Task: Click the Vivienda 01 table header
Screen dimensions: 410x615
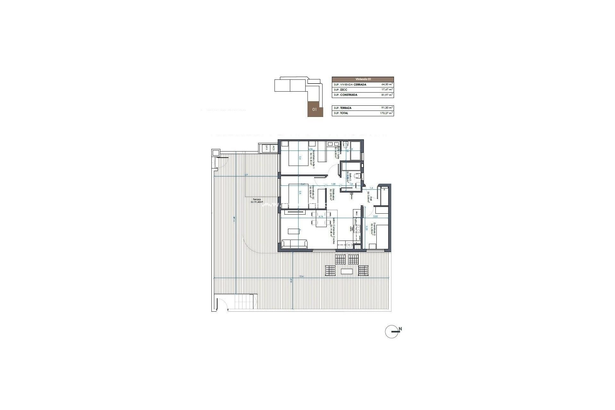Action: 363,79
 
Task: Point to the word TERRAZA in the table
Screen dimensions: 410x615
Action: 346,108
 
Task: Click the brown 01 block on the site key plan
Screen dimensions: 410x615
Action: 315,109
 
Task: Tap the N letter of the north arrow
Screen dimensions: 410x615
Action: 400,329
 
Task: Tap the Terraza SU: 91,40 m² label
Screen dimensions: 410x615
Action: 256,201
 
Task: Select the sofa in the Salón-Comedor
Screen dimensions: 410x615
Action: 70,244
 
